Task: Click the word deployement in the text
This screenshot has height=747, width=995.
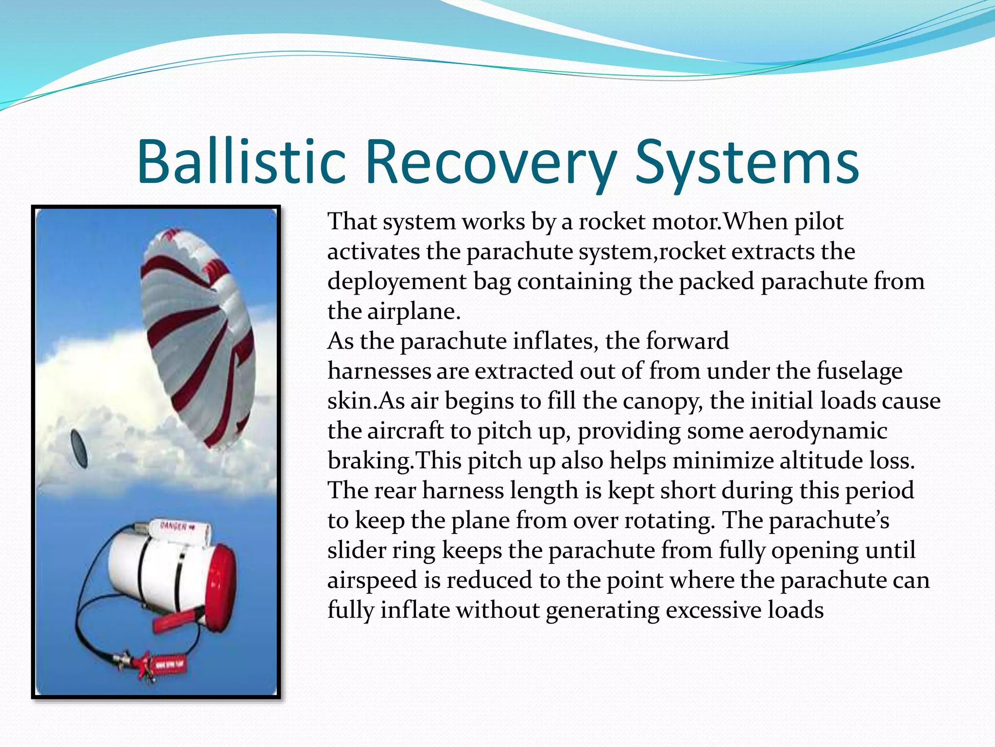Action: (x=395, y=282)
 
